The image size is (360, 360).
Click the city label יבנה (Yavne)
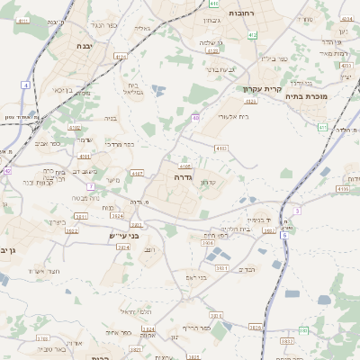(x=84, y=45)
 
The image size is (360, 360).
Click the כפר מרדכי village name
(x=119, y=143)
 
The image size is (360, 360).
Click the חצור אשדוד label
(x=43, y=270)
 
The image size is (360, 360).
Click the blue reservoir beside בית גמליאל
(x=158, y=90)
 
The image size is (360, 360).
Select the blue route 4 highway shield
(x=26, y=85)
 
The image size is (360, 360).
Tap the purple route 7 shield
(x=91, y=186)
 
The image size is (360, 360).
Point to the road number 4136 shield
(x=342, y=189)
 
